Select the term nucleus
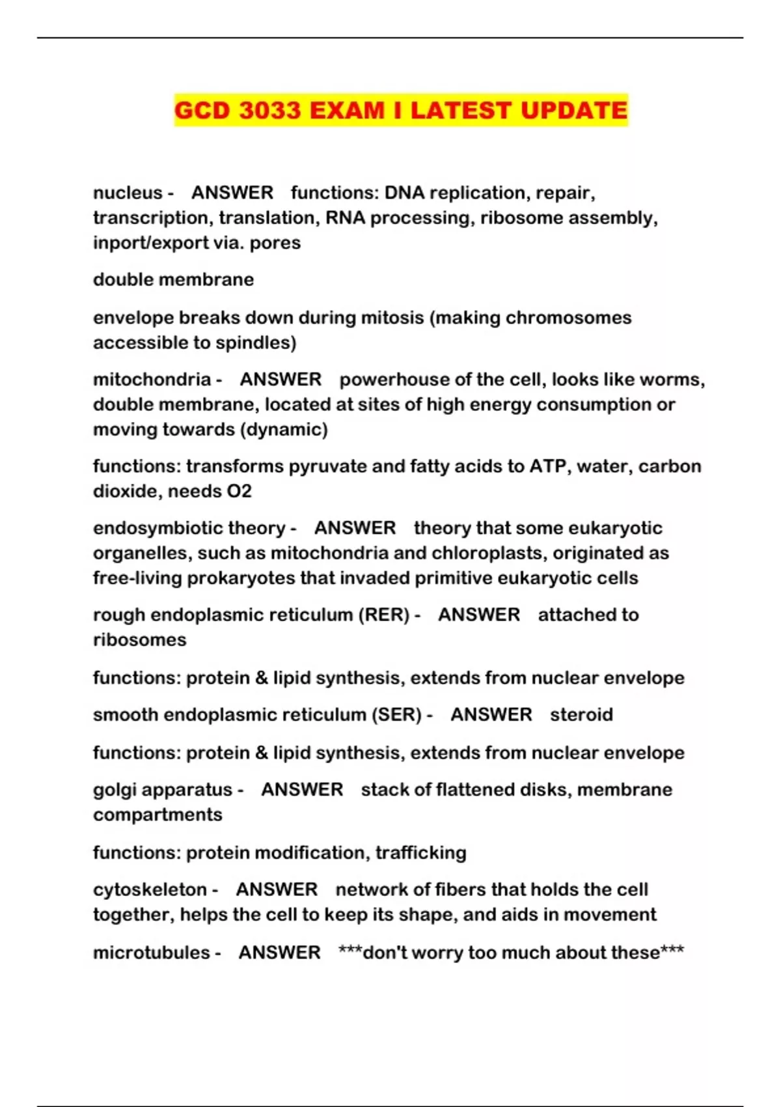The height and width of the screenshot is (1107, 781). tap(128, 193)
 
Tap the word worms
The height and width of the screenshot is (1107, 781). tap(673, 380)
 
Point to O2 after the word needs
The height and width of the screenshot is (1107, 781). tap(239, 491)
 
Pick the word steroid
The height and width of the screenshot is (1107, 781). tap(581, 715)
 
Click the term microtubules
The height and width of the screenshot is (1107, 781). tap(152, 953)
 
